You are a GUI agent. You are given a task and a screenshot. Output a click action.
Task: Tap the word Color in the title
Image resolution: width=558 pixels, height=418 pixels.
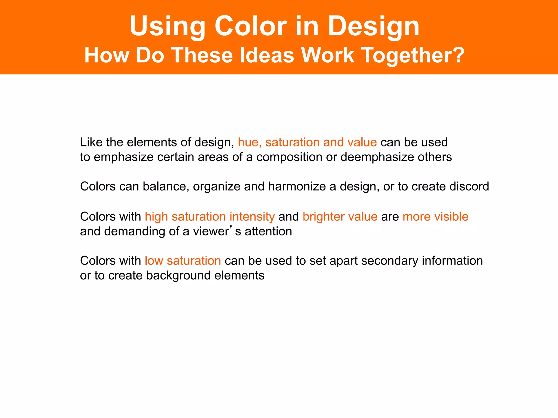251,26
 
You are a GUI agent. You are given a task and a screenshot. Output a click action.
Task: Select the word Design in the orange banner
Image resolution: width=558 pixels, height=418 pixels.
374,27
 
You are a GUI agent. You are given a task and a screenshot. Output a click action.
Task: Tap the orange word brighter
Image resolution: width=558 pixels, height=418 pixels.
321,217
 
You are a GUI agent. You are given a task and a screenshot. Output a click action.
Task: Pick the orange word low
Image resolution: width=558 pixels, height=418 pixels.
154,261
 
